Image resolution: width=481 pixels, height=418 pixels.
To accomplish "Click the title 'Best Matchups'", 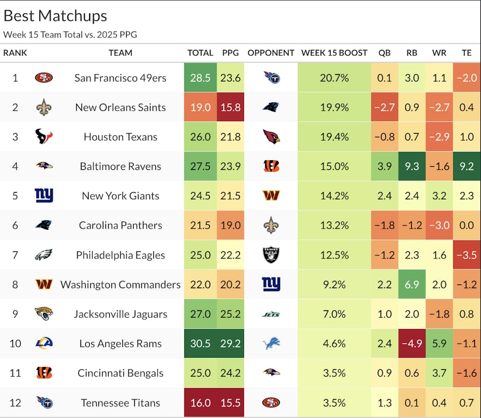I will point(55,16).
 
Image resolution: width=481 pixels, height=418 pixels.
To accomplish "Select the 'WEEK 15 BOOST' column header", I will point(334,53).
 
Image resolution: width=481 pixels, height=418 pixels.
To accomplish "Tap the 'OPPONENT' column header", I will point(271,53).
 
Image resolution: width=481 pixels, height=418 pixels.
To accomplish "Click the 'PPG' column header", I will point(230,53).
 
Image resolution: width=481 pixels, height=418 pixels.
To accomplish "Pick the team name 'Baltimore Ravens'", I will point(120,166).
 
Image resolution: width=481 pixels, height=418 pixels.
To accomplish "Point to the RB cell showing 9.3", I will point(411,166).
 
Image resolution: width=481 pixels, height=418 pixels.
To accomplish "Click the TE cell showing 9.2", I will point(466,166).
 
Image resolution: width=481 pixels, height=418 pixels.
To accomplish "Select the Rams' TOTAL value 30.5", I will point(201,344).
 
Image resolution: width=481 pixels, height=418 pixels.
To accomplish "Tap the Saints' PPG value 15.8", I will point(230,107).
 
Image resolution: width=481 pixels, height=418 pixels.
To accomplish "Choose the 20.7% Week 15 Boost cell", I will point(334,78).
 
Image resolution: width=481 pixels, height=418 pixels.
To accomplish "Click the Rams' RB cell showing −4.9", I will point(411,344).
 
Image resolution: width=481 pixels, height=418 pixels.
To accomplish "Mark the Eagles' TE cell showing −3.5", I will point(466,255).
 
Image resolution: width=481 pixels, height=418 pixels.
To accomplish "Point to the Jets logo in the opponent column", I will point(271,314).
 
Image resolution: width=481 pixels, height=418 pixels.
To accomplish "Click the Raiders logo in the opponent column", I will point(271,255).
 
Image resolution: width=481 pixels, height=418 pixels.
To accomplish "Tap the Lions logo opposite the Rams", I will point(271,344).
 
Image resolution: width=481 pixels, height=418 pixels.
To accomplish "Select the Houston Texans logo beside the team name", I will point(44,137).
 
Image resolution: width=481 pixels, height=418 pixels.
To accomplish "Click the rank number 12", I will point(15,403).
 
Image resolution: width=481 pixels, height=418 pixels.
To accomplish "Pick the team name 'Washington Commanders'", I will point(120,284).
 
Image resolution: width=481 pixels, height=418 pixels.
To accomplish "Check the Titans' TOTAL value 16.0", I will point(201,403).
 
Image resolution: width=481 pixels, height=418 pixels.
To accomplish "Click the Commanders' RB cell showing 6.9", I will point(411,284).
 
